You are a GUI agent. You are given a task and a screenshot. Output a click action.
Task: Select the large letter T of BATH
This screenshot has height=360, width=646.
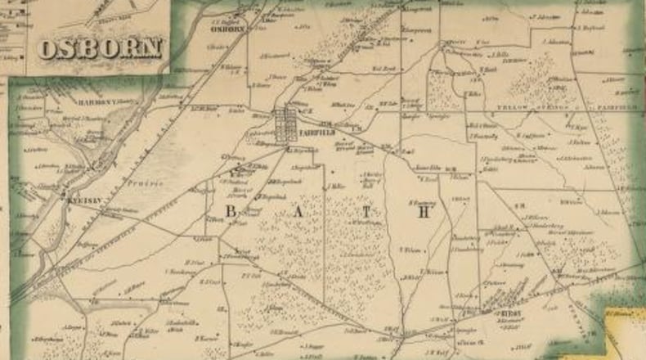368,212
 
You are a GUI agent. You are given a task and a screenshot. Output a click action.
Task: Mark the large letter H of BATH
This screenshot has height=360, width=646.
424,212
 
